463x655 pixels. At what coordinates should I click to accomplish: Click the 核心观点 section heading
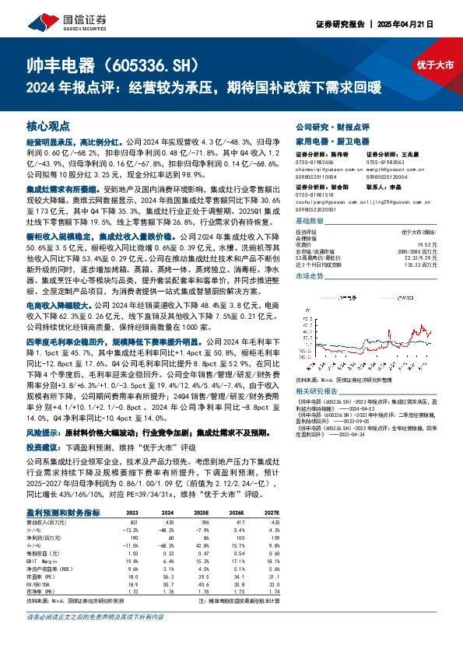[x=48, y=124]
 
